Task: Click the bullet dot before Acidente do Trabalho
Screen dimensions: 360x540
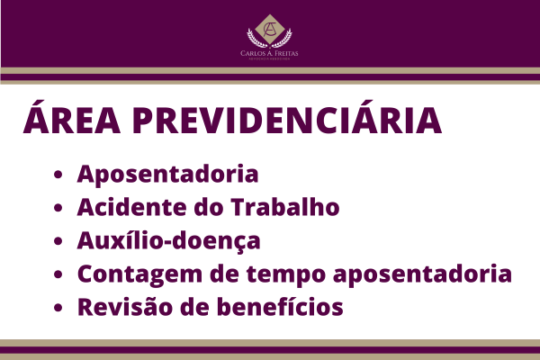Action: (x=58, y=209)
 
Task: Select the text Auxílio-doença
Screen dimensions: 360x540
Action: (x=169, y=240)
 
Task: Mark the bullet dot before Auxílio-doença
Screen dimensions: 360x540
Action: (x=58, y=242)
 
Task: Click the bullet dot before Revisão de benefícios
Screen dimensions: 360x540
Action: (x=58, y=309)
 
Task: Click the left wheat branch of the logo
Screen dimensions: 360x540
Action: (x=254, y=36)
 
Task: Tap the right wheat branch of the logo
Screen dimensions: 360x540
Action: (x=286, y=36)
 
